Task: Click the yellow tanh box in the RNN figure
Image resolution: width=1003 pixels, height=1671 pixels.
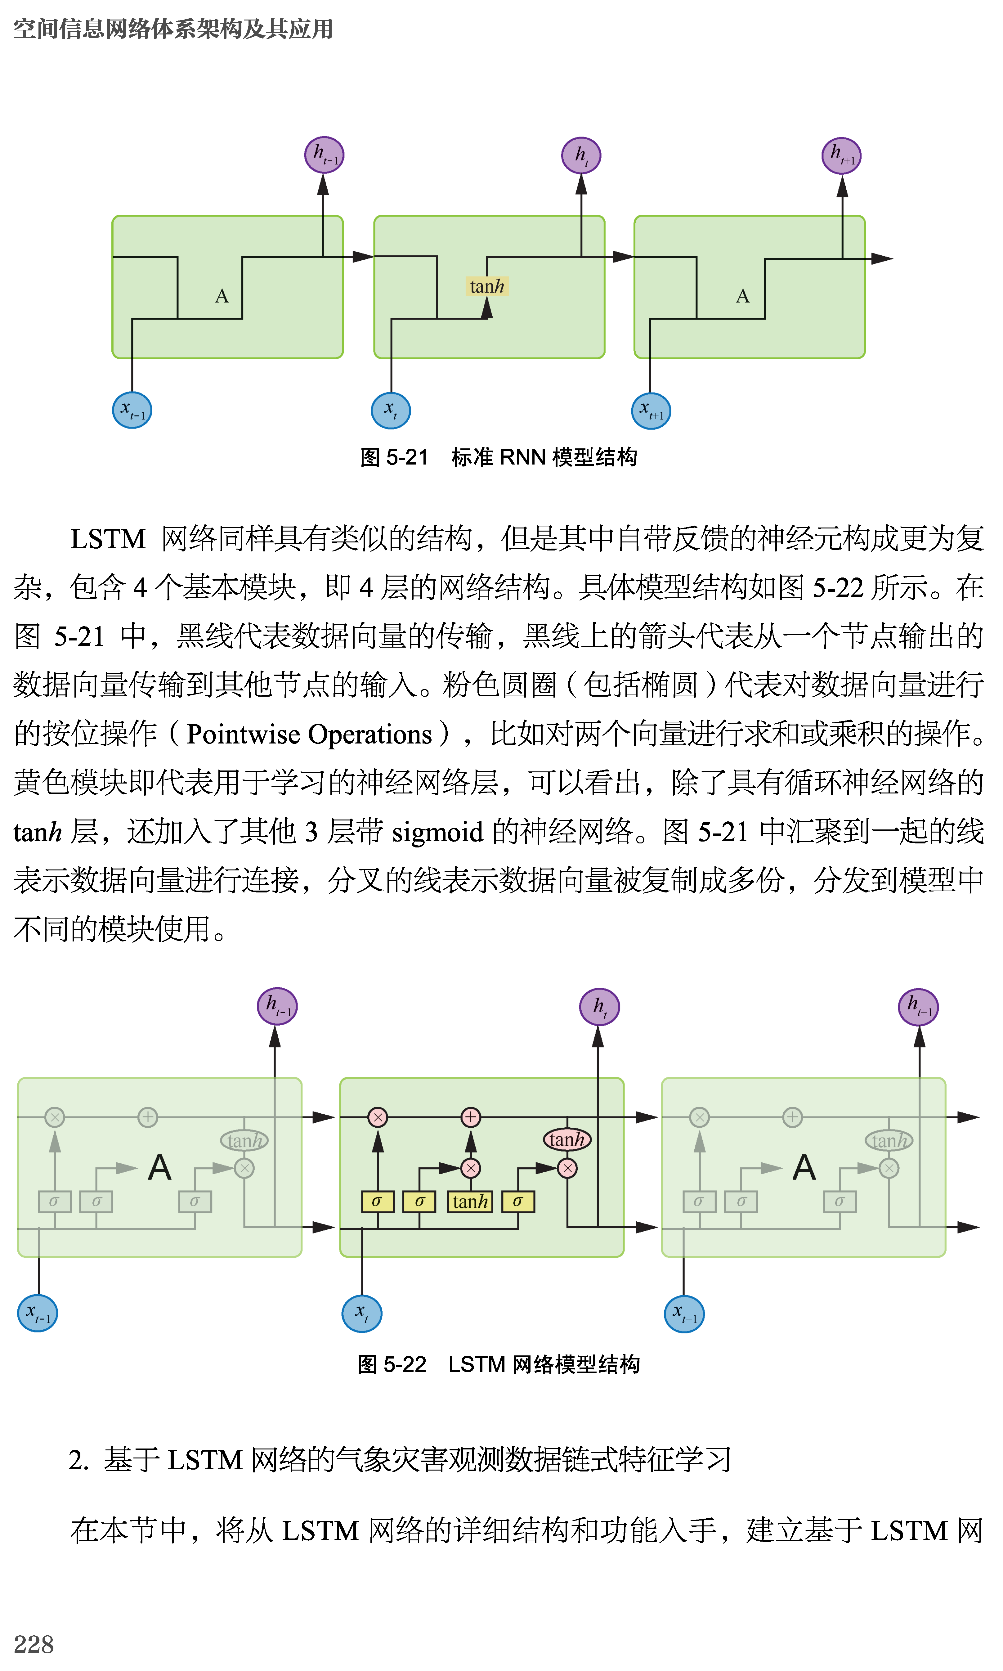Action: [x=487, y=286]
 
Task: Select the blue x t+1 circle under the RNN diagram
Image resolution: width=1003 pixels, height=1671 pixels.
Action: [x=651, y=411]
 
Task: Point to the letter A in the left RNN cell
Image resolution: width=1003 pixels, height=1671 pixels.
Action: [x=222, y=296]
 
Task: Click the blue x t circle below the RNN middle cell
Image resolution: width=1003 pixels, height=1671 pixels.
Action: [x=391, y=410]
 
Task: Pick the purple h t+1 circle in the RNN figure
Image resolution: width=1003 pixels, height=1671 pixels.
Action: [x=841, y=156]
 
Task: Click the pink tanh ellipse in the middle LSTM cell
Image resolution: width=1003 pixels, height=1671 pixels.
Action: [x=567, y=1140]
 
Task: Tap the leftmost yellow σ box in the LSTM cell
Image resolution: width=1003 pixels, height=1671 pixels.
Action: [x=377, y=1201]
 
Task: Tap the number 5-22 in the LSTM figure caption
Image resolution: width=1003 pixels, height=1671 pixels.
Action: [x=405, y=1364]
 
